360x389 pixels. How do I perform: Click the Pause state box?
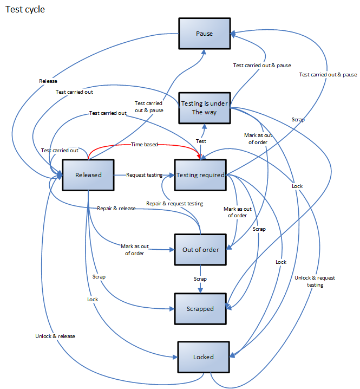coord(205,34)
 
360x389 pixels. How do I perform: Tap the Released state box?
coord(89,175)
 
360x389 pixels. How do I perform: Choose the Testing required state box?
coord(200,175)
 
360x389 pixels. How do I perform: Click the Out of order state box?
coord(200,250)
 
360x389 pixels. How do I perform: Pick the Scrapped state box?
coord(200,309)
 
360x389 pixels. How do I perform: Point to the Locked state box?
coord(203,357)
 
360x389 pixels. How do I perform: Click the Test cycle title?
coord(25,10)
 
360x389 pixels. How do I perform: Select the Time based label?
coord(144,145)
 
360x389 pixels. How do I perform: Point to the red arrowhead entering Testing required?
coord(201,157)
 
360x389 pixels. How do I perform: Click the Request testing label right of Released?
coord(145,175)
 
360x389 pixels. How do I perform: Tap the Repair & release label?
coord(116,208)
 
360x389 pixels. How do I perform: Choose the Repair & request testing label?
coord(175,204)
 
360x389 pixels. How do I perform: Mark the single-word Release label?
coord(48,81)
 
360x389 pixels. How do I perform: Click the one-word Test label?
coord(201,141)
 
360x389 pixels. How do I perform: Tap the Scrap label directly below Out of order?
coord(201,278)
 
